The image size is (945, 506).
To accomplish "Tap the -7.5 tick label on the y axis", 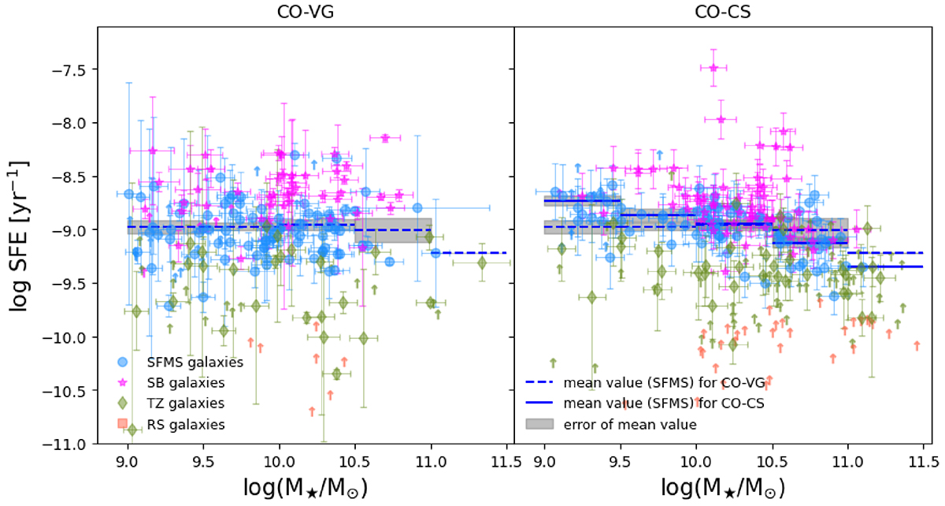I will (70, 69).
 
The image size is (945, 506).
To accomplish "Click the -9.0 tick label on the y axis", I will (70, 230).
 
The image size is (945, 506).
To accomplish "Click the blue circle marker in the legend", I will (121, 363).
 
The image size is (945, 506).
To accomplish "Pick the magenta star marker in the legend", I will (121, 383).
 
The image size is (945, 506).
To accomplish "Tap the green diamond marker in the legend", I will (121, 404).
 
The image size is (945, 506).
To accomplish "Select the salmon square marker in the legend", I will (121, 424).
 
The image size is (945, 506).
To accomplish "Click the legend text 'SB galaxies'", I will (187, 383).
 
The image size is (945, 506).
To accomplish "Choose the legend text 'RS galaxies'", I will (187, 424).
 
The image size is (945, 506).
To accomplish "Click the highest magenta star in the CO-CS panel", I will (713, 68).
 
